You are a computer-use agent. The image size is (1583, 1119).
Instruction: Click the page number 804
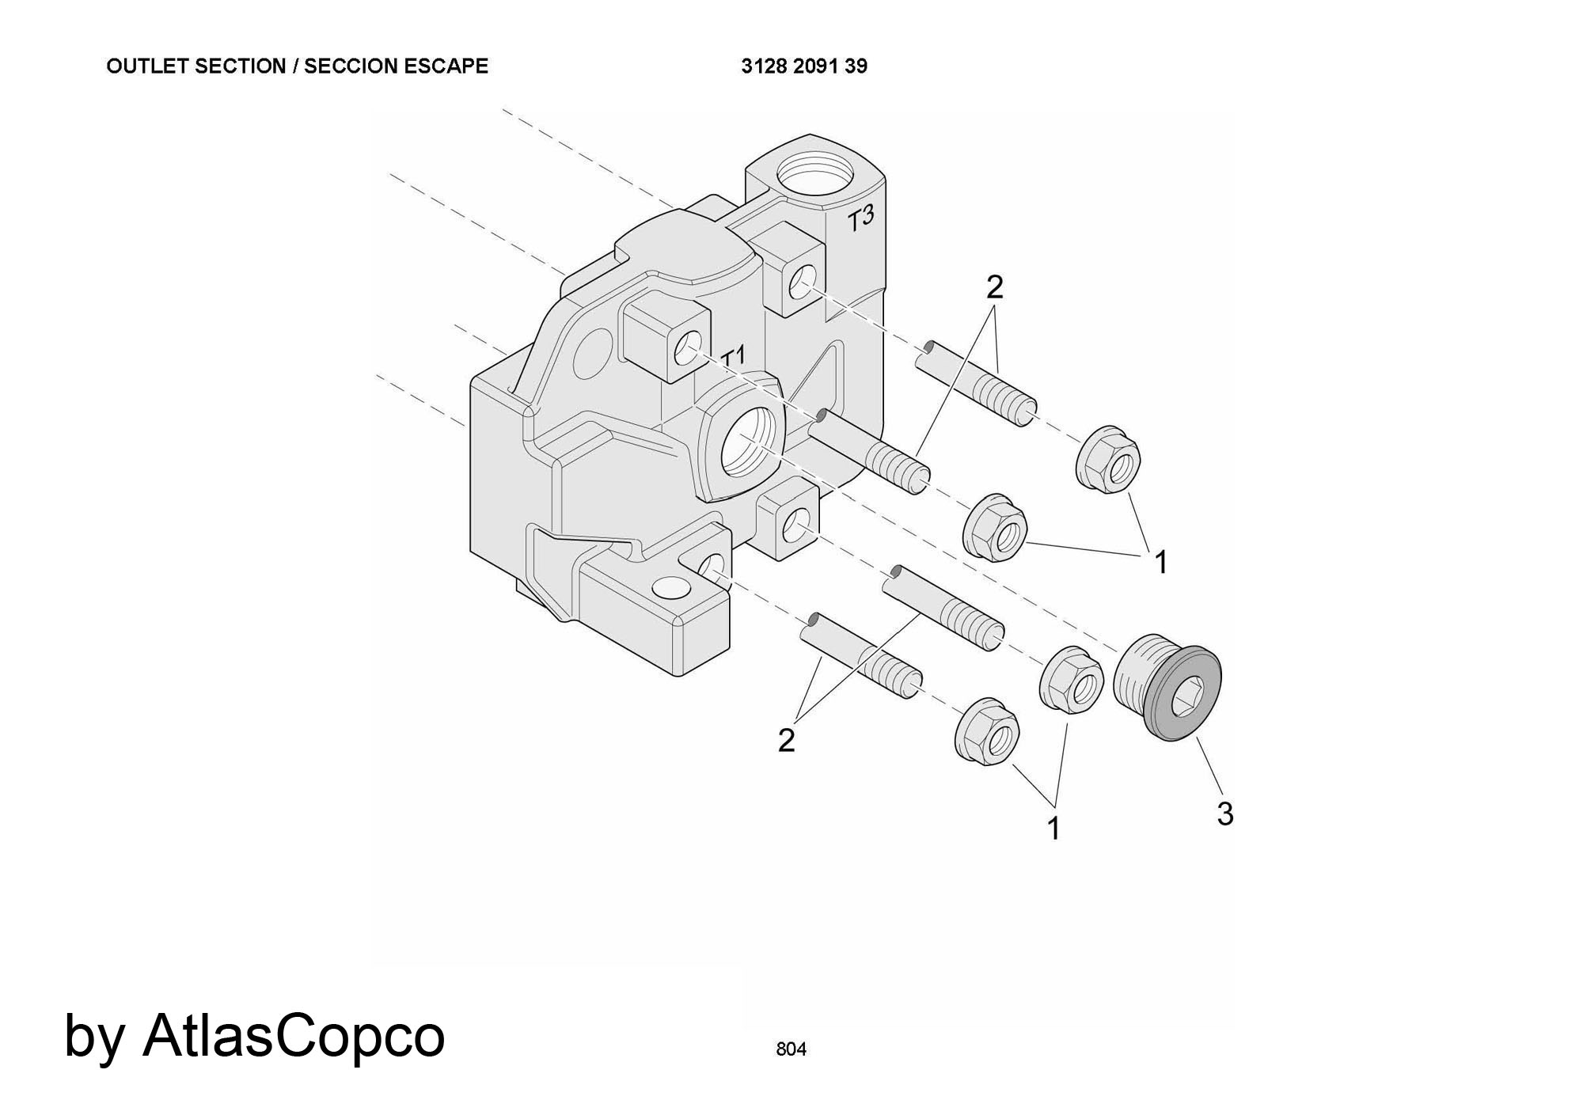click(x=791, y=1049)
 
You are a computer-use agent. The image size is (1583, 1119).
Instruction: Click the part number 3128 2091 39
click(x=804, y=66)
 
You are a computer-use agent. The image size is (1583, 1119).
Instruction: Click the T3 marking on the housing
click(x=861, y=219)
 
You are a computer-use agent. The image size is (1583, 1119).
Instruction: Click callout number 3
click(x=1224, y=814)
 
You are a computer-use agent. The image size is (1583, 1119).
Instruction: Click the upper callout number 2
click(x=995, y=287)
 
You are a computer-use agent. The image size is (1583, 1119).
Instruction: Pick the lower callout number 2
click(x=786, y=741)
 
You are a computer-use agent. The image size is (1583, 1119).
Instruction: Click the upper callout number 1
click(x=1160, y=563)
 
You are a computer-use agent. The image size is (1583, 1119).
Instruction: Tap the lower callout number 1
click(x=1053, y=829)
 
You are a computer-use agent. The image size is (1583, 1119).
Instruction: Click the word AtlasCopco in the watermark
click(x=294, y=1035)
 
